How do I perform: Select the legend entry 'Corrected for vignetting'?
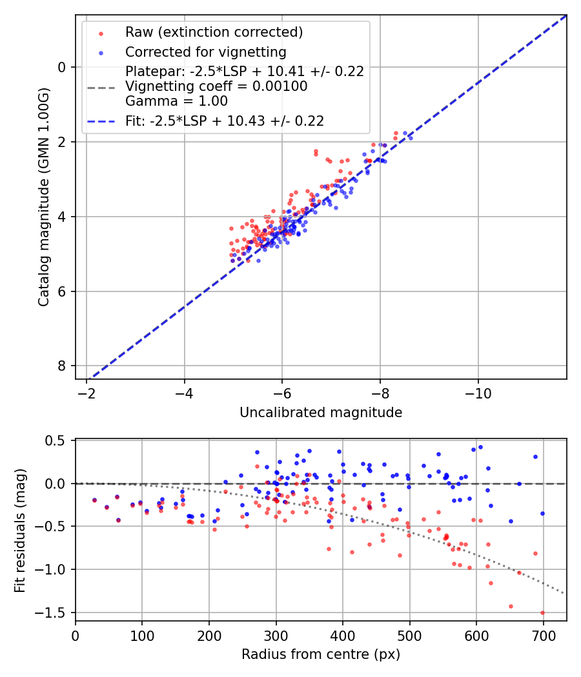click(x=206, y=52)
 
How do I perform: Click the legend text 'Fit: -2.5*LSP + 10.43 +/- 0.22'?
click(x=225, y=121)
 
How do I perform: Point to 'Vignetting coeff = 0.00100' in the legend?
click(x=216, y=86)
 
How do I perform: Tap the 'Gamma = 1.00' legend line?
click(x=176, y=101)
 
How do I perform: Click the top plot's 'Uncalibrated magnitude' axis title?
click(x=321, y=413)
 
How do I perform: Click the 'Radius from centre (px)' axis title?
click(x=321, y=654)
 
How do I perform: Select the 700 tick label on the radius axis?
click(x=544, y=635)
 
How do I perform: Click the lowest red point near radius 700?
click(x=542, y=613)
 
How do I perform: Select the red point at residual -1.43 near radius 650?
click(x=511, y=606)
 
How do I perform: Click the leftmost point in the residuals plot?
click(x=94, y=500)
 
